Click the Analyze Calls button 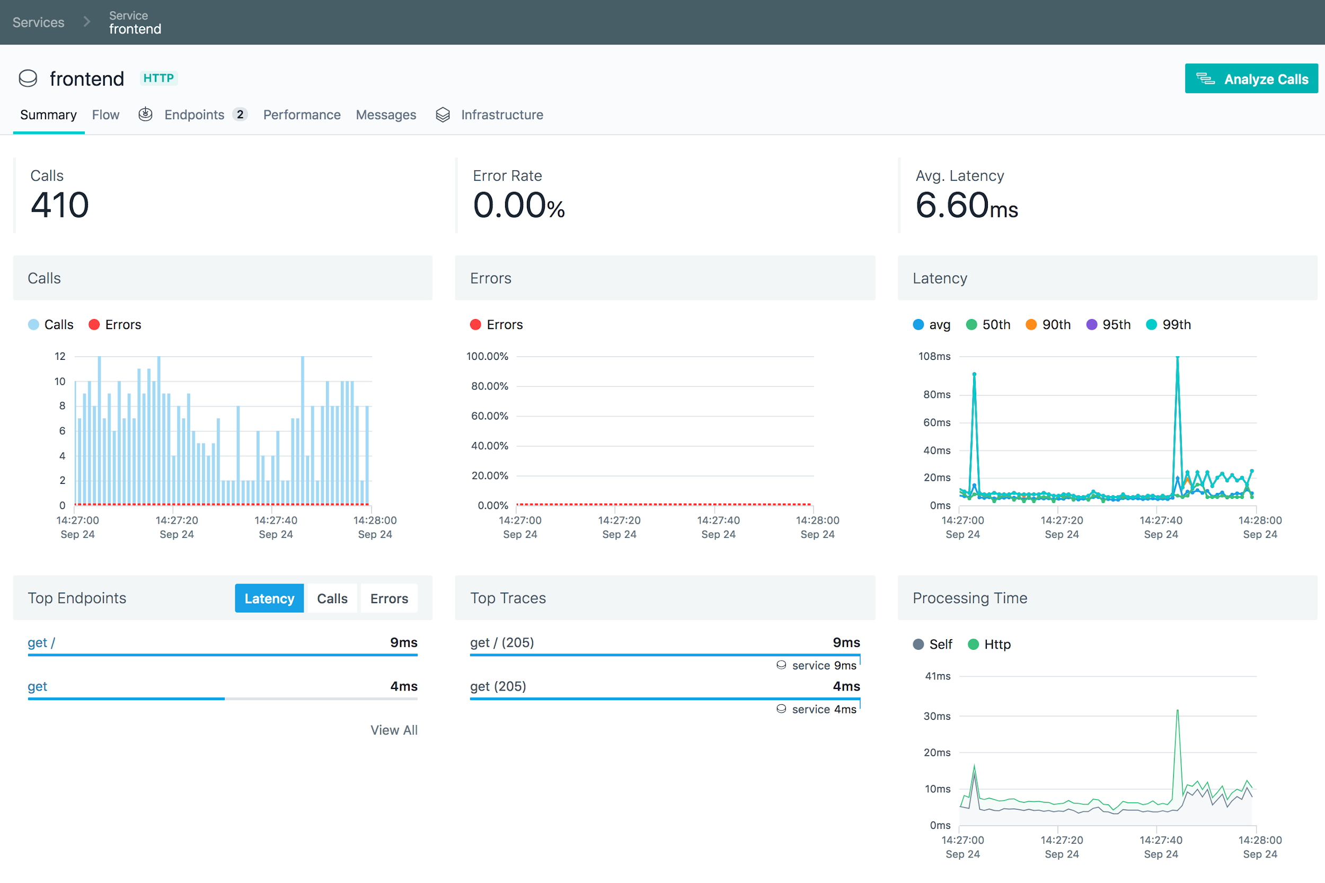click(1251, 79)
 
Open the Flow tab click(105, 115)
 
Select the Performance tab click(301, 115)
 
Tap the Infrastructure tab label click(501, 115)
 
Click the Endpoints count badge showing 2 click(240, 114)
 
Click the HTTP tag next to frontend click(158, 78)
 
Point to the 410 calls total click(60, 205)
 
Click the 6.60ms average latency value click(966, 206)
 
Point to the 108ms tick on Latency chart click(934, 357)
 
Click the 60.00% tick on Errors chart click(489, 416)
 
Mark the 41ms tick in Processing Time click(937, 676)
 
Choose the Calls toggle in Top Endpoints click(332, 598)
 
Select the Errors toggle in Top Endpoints click(388, 598)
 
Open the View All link click(394, 730)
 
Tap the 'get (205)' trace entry click(498, 686)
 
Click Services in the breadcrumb click(38, 22)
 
